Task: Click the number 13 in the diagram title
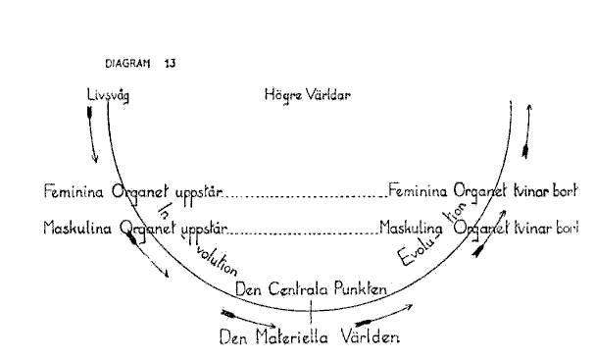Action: click(x=171, y=63)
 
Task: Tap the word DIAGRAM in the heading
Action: click(x=127, y=63)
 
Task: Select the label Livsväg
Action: click(x=108, y=95)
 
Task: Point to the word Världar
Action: click(x=328, y=94)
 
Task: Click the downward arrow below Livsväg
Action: click(x=92, y=134)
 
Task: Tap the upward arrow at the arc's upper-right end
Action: click(x=527, y=131)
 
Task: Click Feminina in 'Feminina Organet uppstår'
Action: click(x=74, y=191)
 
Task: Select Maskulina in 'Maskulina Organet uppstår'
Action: click(x=77, y=229)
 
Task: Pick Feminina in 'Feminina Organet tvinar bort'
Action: click(x=418, y=190)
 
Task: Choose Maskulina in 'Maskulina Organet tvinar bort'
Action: click(x=411, y=229)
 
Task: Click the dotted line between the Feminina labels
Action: click(x=306, y=196)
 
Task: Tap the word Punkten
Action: click(x=361, y=289)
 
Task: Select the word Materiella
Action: click(x=292, y=336)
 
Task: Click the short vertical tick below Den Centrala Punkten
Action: click(x=311, y=311)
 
